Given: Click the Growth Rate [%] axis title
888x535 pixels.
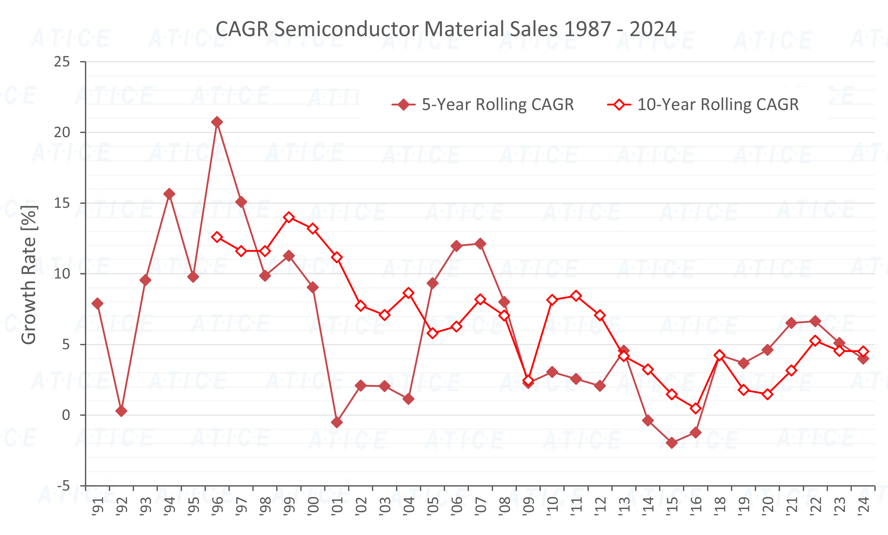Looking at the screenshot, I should (29, 275).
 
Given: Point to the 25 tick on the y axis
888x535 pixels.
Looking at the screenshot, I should (62, 62).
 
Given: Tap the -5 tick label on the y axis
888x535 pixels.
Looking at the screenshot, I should (63, 486).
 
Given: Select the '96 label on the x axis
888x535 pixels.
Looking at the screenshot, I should (218, 505).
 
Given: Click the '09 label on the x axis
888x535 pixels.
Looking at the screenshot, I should (529, 505).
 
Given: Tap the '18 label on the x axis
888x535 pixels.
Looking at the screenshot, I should (720, 505).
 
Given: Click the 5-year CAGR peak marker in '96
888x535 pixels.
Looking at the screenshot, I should (217, 122).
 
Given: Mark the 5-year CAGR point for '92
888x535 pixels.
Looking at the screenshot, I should (121, 411).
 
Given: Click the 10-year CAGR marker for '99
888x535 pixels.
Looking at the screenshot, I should (289, 217).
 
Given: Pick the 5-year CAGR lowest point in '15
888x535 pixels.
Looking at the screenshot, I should (672, 443).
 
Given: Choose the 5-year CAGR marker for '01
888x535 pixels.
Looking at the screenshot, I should (337, 422).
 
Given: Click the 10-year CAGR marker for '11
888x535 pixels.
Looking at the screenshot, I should (576, 296).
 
